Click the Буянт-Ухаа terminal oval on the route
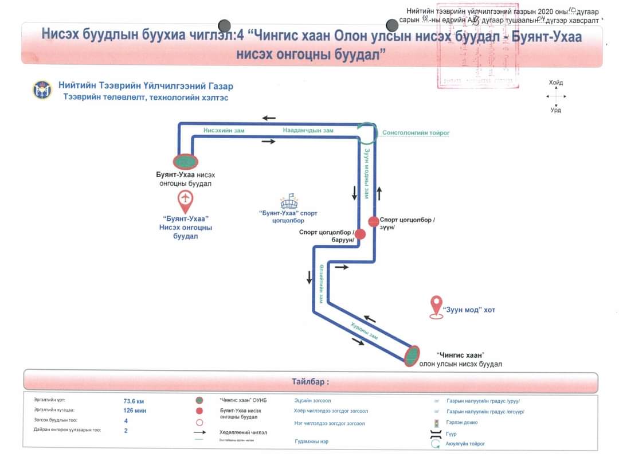pyautogui.click(x=185, y=162)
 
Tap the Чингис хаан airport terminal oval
pyautogui.click(x=412, y=356)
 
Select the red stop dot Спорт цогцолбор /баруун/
pyautogui.click(x=360, y=234)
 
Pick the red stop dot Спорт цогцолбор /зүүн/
pyautogui.click(x=373, y=221)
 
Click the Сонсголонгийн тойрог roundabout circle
pyautogui.click(x=366, y=133)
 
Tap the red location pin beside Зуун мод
pyautogui.click(x=437, y=306)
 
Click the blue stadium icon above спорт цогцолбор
pyautogui.click(x=288, y=202)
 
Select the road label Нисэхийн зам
pyautogui.click(x=224, y=131)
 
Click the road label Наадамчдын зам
pyautogui.click(x=308, y=131)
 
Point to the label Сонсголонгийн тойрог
pyautogui.click(x=416, y=133)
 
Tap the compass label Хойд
pyautogui.click(x=555, y=83)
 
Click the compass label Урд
pyautogui.click(x=555, y=110)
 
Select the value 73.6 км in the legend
pyautogui.click(x=134, y=401)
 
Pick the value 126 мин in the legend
pyautogui.click(x=135, y=411)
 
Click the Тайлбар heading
pyautogui.click(x=311, y=382)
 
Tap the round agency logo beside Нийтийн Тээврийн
pyautogui.click(x=42, y=90)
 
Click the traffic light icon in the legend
pyautogui.click(x=436, y=423)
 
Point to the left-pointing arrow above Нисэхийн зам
pyautogui.click(x=269, y=118)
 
